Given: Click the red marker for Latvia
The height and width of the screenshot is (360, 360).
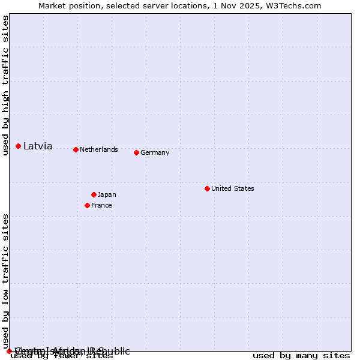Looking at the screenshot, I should click(x=19, y=146).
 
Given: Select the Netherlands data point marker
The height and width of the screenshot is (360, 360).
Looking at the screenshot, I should click(x=76, y=149).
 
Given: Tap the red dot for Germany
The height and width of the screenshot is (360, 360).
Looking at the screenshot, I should click(x=136, y=152).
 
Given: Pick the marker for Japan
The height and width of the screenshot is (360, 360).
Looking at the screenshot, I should click(x=94, y=194).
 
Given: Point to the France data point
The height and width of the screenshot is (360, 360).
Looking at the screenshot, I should click(x=87, y=205).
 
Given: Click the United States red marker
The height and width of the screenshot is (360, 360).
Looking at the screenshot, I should click(x=207, y=188).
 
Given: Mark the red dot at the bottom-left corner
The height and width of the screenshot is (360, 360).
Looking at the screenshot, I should click(x=9, y=351).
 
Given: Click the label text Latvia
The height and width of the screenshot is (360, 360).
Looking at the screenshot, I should click(x=38, y=146).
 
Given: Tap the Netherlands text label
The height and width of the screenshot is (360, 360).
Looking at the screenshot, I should click(x=99, y=149).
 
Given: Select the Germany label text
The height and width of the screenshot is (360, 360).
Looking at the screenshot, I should click(x=155, y=152).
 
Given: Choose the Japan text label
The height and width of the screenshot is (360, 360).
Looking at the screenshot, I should click(x=107, y=194).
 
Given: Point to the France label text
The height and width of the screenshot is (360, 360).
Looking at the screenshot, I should click(x=101, y=205).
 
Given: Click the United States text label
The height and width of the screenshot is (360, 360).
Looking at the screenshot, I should click(x=233, y=188).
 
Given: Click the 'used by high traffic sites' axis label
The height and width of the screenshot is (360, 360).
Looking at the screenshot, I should click(x=5, y=85).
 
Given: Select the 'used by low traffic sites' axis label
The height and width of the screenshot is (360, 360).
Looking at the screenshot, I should click(x=5, y=281).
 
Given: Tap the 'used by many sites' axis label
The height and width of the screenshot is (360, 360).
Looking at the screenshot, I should click(x=301, y=356).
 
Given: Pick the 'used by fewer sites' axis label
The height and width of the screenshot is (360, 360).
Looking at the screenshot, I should click(x=62, y=356).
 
